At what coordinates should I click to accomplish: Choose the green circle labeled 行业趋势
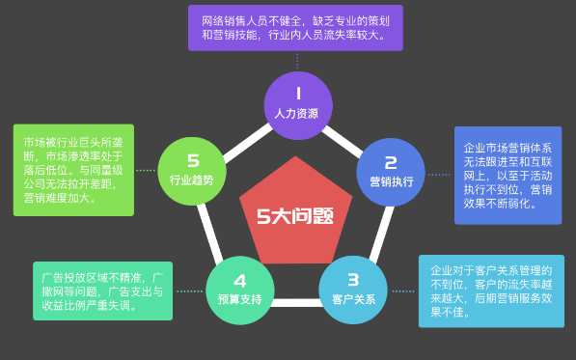click(x=192, y=170)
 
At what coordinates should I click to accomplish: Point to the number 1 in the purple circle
click(x=298, y=94)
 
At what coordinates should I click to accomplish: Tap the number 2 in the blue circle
click(x=391, y=161)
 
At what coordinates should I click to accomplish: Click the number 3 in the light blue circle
click(x=353, y=278)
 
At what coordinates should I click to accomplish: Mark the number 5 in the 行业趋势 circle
click(x=193, y=159)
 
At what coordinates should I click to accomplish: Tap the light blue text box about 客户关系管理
click(x=491, y=291)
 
